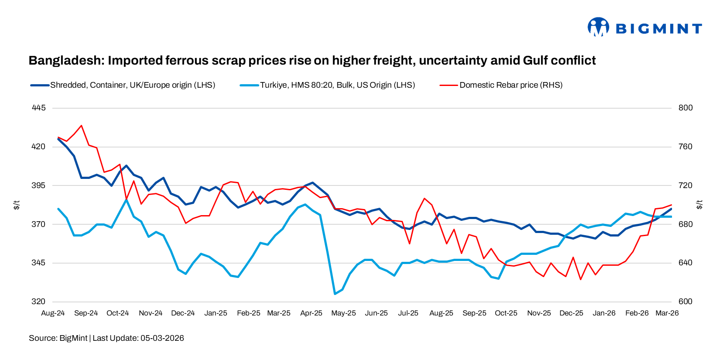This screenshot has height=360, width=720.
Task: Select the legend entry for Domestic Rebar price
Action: pos(511,85)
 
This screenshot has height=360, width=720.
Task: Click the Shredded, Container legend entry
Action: pos(132,85)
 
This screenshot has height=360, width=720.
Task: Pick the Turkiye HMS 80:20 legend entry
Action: pos(337,85)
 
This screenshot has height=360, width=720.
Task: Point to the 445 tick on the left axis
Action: pos(38,108)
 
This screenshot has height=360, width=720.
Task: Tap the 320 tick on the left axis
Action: pos(38,302)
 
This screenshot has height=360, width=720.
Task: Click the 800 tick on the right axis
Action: pos(686,108)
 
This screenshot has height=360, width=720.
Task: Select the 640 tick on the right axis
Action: pos(686,263)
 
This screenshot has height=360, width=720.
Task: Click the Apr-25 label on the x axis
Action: pos(311,313)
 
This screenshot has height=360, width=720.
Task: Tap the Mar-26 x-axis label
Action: pos(667,313)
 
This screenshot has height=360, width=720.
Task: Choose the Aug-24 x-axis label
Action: pos(53,313)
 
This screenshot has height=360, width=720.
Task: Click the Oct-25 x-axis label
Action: pos(506,313)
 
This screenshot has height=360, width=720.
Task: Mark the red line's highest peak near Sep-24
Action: pos(81,126)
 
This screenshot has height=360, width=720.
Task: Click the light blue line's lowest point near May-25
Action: pos(335,294)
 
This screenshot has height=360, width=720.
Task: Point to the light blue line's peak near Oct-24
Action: pos(127,199)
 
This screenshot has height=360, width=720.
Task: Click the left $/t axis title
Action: pos(17,205)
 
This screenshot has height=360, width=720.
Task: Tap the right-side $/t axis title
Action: pos(699,205)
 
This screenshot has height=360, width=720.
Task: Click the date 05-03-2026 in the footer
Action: pos(162,338)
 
